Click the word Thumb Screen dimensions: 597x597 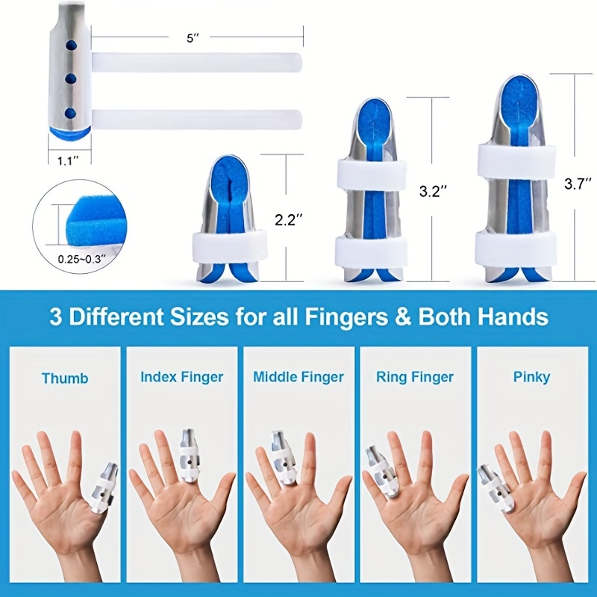(x=65, y=378)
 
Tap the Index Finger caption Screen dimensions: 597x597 (x=181, y=377)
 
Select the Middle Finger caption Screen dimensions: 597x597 (x=298, y=377)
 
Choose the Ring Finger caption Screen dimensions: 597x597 (x=415, y=377)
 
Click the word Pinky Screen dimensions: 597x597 (x=531, y=378)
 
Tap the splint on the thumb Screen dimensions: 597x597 (x=102, y=489)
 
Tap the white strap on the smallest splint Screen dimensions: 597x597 (x=230, y=246)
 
